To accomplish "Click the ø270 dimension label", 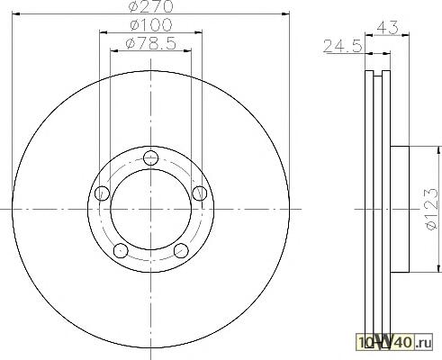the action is tap(150, 6).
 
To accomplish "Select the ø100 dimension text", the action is tap(151, 25).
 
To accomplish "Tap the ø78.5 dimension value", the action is tap(150, 44).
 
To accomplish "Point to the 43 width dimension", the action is tap(387, 28).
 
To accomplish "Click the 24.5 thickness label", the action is tap(343, 47).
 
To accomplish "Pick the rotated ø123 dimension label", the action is tap(433, 209).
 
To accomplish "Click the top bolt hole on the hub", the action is tap(150, 157).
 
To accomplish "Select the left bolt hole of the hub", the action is tap(102, 193).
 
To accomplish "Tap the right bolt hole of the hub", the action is tap(199, 193).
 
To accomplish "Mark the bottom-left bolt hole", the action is tap(121, 250).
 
